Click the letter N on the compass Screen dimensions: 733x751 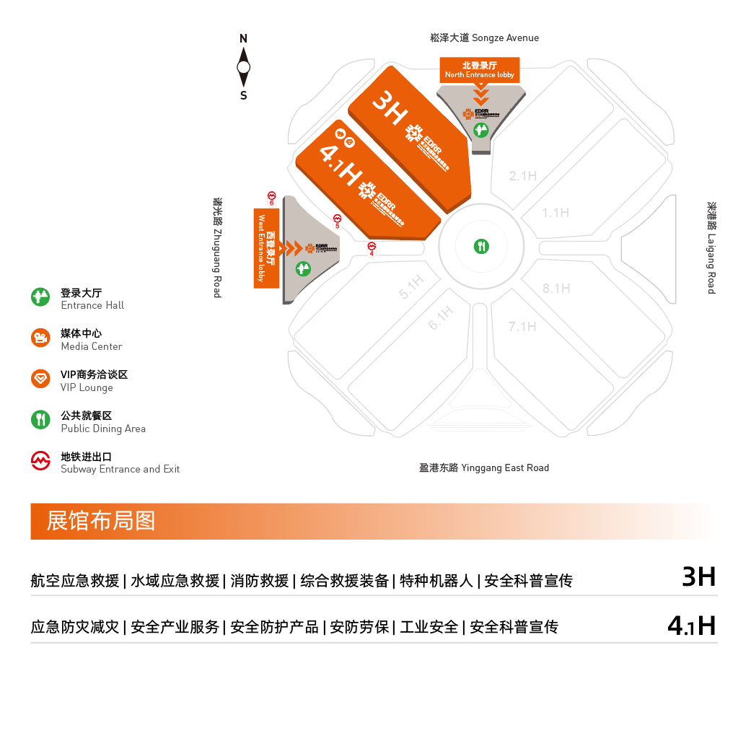(244, 38)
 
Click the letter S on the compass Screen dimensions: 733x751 (244, 95)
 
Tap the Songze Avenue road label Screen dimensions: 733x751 (484, 38)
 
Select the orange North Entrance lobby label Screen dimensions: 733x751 (480, 70)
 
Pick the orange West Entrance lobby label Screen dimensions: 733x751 (266, 248)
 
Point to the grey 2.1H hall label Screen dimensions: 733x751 (523, 176)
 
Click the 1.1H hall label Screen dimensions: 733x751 (556, 213)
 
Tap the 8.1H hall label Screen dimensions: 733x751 (557, 289)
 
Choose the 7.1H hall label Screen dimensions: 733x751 (522, 327)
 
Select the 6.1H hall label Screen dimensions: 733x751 (441, 318)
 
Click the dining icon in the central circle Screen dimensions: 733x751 (481, 246)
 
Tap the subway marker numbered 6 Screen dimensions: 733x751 (272, 196)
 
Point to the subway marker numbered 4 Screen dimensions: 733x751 (372, 247)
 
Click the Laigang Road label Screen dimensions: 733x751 (711, 247)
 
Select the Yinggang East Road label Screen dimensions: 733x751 (484, 468)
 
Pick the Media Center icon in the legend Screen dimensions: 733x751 (40, 338)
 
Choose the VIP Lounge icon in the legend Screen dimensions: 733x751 (40, 379)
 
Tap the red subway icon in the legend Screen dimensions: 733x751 (40, 461)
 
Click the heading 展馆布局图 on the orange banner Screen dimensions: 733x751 (101, 521)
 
